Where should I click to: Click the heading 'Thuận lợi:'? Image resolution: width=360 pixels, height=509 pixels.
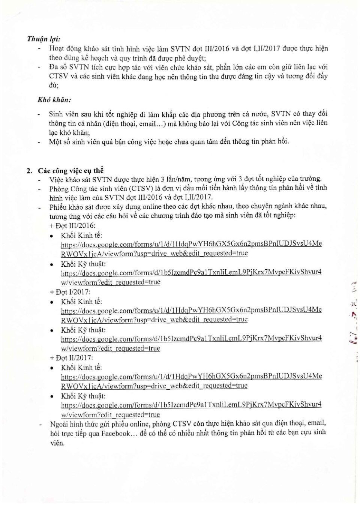pos(43,39)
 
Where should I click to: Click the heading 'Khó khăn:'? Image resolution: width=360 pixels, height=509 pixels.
pos(54,100)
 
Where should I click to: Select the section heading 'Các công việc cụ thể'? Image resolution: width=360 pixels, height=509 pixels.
pos(70,171)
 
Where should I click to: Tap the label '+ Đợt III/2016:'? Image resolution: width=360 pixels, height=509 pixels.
pos(72,226)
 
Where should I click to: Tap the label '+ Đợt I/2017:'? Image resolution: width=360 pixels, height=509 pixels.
pos(70,292)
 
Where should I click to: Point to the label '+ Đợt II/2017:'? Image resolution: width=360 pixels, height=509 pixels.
pos(71,358)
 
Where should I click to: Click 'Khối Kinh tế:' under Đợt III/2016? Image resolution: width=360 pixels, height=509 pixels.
pos(81,236)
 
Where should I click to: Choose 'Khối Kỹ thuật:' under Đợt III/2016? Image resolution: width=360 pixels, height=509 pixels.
pos(83,264)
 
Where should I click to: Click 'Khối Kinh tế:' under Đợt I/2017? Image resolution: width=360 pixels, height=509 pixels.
pos(81,302)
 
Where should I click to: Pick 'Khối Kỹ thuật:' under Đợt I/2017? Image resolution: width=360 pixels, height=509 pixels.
pos(83,330)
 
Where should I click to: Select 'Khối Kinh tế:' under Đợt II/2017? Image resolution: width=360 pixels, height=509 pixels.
pos(81,368)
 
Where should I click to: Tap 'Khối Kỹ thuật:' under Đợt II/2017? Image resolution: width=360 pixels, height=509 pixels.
pos(83,396)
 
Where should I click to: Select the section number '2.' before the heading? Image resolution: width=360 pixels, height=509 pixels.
pos(29,171)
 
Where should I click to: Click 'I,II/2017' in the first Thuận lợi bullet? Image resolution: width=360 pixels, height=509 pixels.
pos(267,49)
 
